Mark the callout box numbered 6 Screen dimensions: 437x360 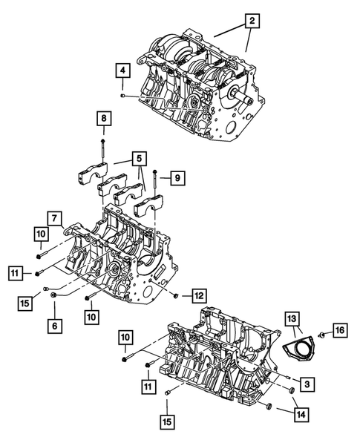tap(53, 323)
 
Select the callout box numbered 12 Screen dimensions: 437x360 tap(197, 295)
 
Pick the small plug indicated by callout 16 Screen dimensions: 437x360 tap(321, 335)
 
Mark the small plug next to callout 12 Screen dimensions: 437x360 tap(176, 296)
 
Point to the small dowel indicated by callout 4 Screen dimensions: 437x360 tap(122, 96)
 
